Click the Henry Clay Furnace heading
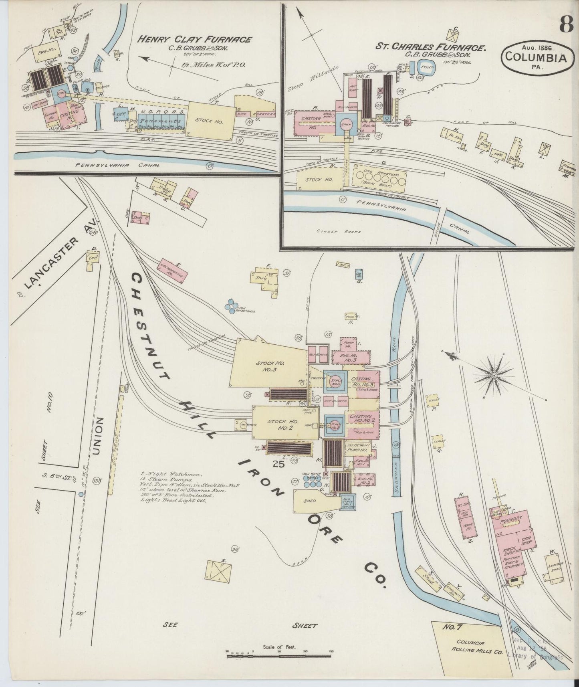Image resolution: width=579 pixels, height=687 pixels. [x=195, y=40]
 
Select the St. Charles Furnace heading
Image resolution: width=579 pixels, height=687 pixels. [x=431, y=47]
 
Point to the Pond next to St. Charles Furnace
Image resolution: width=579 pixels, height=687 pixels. [x=426, y=68]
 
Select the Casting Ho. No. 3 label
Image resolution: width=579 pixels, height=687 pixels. [x=362, y=381]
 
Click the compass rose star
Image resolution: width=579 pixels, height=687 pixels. [x=494, y=375]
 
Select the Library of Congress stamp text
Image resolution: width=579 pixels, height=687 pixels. [x=535, y=656]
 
